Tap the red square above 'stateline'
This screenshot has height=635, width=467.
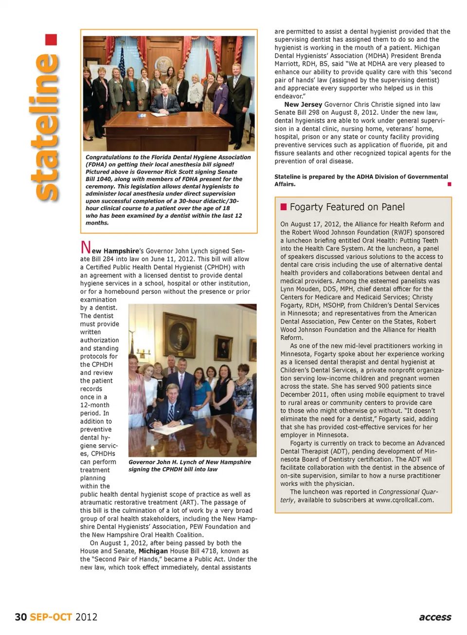(x=51, y=39)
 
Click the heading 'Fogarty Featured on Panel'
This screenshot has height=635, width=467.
(x=347, y=207)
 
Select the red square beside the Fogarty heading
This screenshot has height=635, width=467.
(x=284, y=207)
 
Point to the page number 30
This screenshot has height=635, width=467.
(x=20, y=617)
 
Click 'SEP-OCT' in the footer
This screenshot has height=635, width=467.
(x=51, y=617)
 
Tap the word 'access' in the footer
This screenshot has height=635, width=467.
(x=435, y=617)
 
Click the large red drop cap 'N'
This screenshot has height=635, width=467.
(x=86, y=248)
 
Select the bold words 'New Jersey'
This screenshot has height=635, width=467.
(x=303, y=105)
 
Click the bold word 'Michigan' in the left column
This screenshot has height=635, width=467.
(x=153, y=551)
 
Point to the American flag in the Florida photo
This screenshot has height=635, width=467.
(x=122, y=63)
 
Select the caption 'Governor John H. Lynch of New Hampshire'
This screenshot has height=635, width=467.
(x=190, y=462)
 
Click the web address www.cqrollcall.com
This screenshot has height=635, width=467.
(x=404, y=500)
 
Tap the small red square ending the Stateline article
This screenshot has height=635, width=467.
(x=449, y=184)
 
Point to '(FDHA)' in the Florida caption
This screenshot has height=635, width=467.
(x=96, y=164)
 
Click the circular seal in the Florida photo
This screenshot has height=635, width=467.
(x=164, y=65)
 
